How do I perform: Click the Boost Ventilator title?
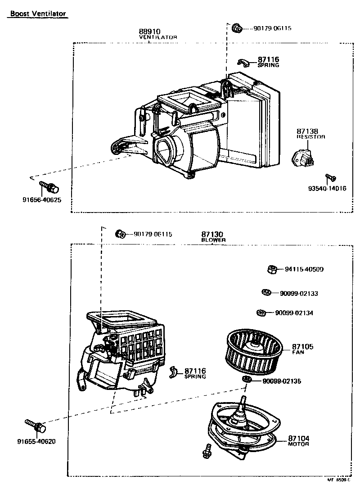tap(38, 14)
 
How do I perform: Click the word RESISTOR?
tap(310, 136)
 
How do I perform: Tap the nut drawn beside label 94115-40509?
tap(271, 269)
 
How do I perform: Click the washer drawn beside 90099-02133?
tap(265, 293)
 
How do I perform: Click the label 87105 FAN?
tap(302, 349)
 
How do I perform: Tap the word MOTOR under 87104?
tap(298, 444)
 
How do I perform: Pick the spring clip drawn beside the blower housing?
tap(175, 372)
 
